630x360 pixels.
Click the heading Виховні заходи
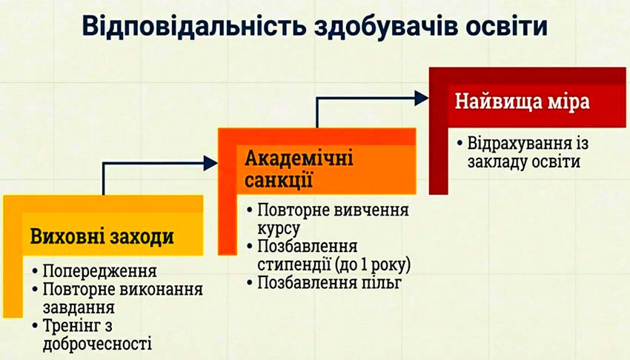point(102,237)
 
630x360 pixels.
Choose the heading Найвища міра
point(522,101)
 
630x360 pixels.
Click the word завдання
point(78,306)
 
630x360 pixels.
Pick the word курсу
point(279,227)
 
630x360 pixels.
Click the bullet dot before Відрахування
point(461,142)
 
